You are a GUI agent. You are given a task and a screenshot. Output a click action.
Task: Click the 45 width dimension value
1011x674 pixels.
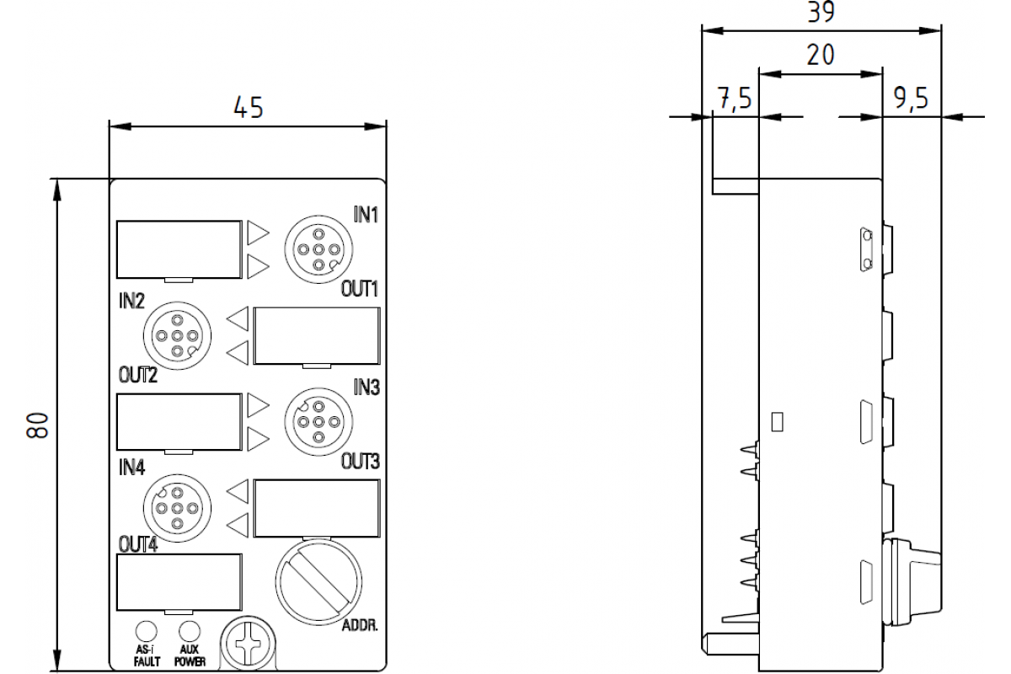coord(248,107)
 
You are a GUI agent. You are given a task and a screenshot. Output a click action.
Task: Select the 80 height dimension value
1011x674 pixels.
coord(36,425)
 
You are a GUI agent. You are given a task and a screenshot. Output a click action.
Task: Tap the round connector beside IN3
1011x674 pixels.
coord(318,420)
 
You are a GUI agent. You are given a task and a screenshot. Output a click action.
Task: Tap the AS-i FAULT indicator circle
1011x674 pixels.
coord(147,631)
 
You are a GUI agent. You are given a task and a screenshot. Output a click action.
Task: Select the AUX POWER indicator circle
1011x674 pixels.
coord(190,631)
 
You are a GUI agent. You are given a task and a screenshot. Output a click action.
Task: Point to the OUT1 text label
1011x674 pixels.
coord(361,289)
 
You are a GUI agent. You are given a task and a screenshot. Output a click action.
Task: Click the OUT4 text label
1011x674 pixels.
coord(137,544)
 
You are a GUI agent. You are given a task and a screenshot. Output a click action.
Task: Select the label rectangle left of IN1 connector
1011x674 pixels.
coord(178,249)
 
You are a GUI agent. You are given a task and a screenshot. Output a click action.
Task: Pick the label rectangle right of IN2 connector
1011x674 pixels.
coord(317,336)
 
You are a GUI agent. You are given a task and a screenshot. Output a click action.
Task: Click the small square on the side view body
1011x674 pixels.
coord(777,420)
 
